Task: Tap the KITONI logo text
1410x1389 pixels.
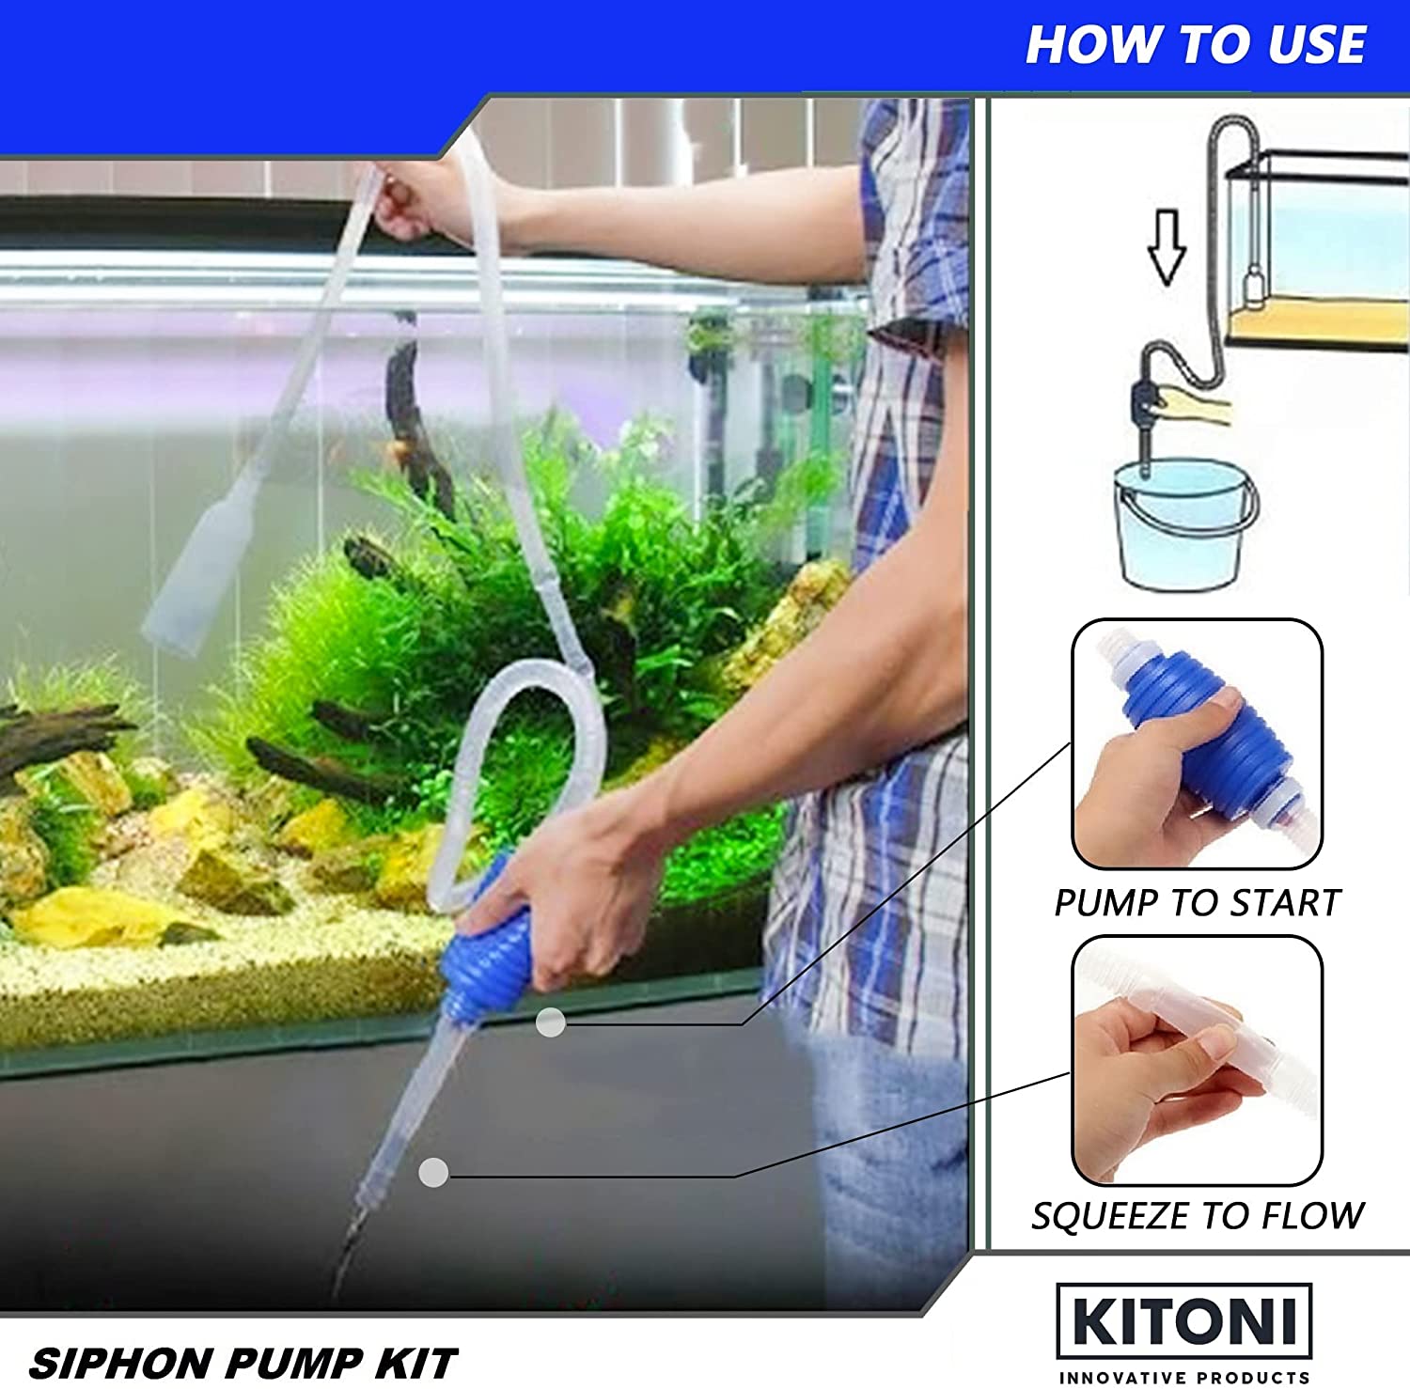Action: coord(1184,1321)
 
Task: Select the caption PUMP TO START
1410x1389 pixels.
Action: coord(1197,903)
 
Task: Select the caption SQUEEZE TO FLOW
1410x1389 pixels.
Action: coord(1198,1216)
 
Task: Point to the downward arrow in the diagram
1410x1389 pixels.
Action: coord(1167,247)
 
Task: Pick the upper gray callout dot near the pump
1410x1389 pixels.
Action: coord(551,1022)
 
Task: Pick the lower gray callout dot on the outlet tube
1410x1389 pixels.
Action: coord(433,1172)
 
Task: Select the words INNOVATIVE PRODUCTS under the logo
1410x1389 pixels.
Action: coord(1184,1378)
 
